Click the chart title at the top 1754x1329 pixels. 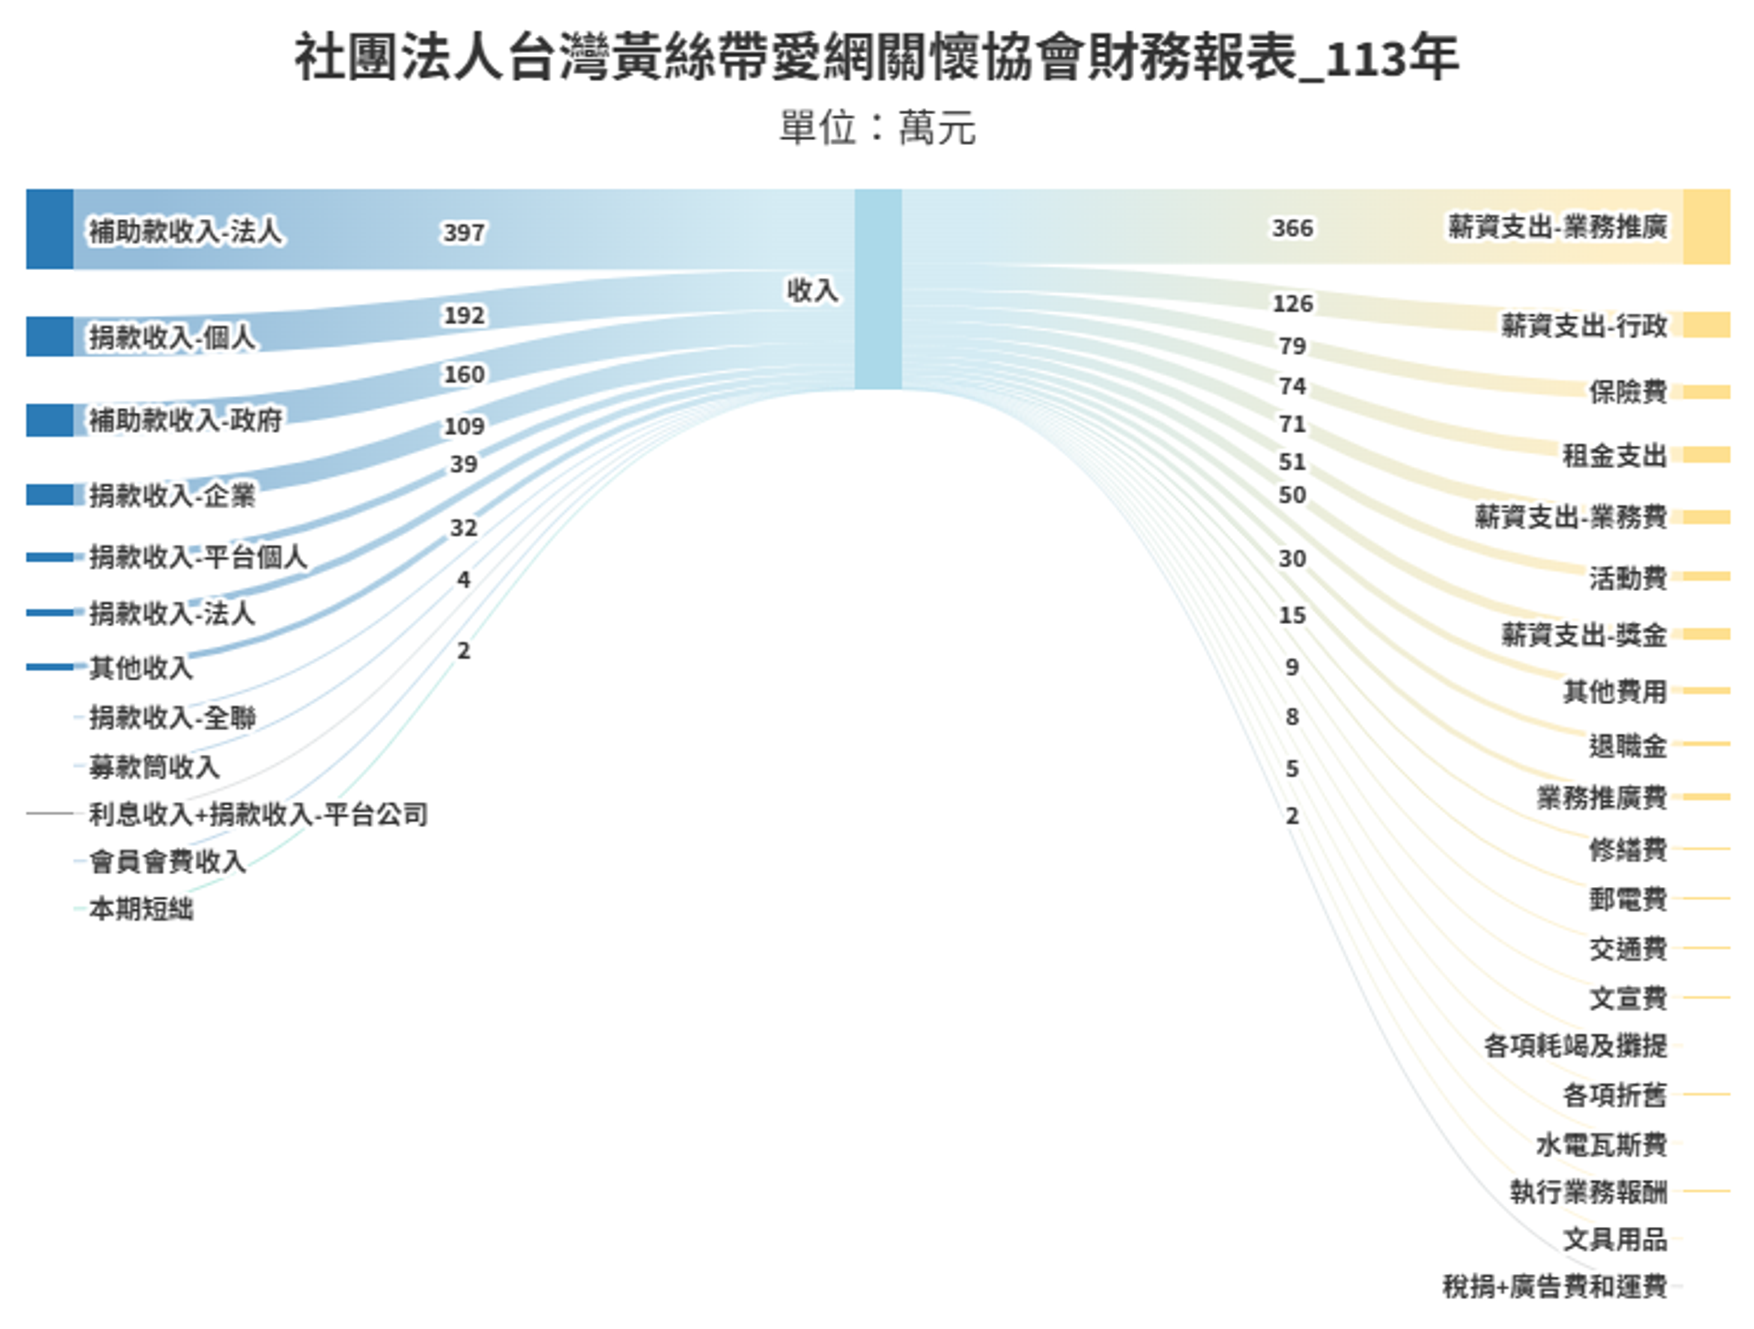point(876,57)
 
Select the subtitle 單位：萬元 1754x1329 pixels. point(877,127)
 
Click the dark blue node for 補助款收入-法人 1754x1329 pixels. point(49,229)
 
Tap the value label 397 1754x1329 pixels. point(464,232)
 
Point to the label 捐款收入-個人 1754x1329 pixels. point(171,337)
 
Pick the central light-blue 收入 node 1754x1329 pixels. point(878,289)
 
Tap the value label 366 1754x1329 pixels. point(1292,228)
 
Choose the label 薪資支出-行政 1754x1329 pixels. point(1584,325)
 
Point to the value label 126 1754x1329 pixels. point(1292,304)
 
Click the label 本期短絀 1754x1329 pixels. point(141,909)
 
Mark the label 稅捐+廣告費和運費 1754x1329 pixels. point(1554,1285)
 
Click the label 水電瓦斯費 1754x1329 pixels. point(1601,1144)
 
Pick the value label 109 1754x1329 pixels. point(464,426)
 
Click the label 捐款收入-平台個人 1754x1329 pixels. point(197,557)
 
